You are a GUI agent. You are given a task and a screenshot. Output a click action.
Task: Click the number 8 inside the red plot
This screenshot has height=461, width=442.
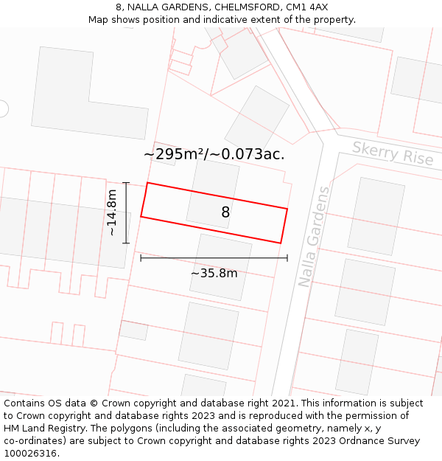[225, 212]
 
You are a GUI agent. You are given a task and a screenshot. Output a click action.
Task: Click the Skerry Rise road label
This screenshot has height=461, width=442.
[392, 154]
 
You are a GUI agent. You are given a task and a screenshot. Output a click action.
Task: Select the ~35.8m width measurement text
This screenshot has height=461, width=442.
[214, 273]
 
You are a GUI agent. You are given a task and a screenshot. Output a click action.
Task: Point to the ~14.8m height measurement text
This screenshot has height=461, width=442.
[111, 212]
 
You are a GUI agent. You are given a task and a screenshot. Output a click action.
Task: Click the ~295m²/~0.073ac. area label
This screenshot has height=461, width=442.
[214, 154]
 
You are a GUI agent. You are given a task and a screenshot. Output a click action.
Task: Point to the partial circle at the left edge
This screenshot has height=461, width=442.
[3, 108]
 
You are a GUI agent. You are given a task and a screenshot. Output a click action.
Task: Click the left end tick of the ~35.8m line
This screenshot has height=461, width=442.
[141, 257]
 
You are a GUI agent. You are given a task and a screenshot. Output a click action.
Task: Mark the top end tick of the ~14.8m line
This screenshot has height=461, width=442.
[126, 183]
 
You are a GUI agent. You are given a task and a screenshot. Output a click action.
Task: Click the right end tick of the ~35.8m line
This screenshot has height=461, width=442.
[287, 257]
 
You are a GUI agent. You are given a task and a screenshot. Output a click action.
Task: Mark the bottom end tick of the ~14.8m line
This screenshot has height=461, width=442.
[126, 243]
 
